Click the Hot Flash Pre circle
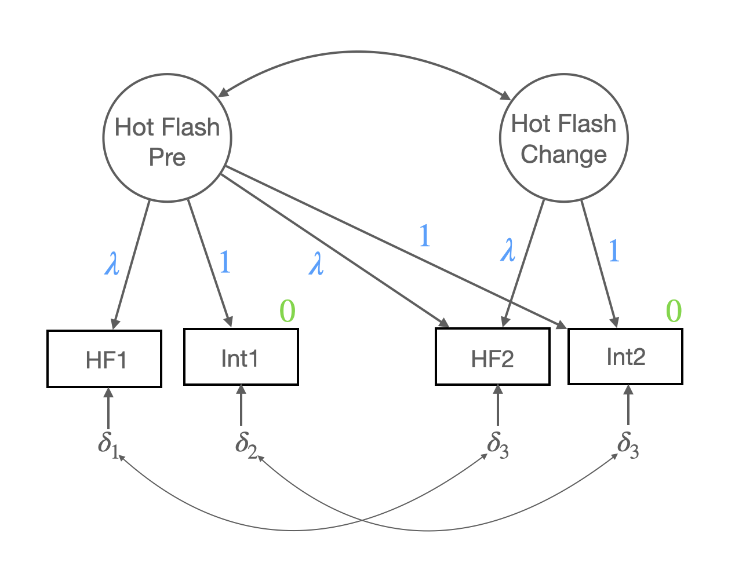click(x=167, y=138)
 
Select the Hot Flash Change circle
click(x=563, y=138)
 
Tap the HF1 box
click(x=104, y=359)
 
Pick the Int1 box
click(x=241, y=357)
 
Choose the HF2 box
click(x=493, y=357)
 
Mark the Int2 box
click(x=625, y=356)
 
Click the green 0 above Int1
click(x=288, y=311)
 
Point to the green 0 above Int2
click(x=674, y=311)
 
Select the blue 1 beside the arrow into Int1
click(x=225, y=263)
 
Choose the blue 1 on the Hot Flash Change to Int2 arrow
click(x=614, y=251)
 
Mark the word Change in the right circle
click(x=563, y=155)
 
